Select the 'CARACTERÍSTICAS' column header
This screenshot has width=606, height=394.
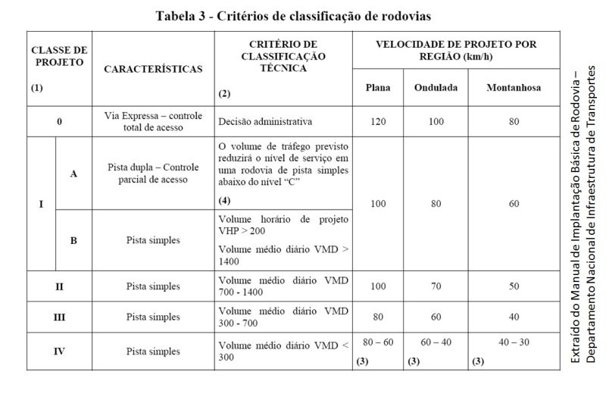pos(153,69)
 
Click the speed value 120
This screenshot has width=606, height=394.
pos(377,120)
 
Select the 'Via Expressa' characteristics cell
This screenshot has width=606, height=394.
pos(153,120)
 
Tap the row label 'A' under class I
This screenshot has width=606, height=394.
pos(73,174)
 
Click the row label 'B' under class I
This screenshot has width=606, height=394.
pos(73,240)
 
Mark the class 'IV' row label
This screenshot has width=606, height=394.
pos(58,352)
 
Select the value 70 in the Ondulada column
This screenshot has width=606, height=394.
pos(436,286)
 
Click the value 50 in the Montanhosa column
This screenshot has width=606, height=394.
pos(514,286)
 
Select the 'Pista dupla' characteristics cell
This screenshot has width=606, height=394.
pos(153,174)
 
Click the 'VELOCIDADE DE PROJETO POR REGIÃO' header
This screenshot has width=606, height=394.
pos(456,50)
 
